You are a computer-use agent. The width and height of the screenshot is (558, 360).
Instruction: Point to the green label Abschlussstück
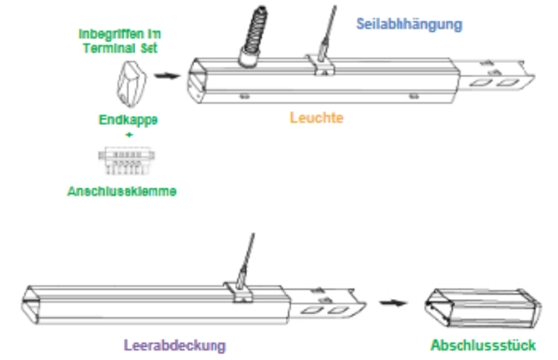click(x=484, y=345)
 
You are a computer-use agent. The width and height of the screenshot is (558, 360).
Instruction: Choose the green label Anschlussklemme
click(x=122, y=192)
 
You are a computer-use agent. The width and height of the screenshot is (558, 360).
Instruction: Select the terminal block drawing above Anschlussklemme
click(x=122, y=161)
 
